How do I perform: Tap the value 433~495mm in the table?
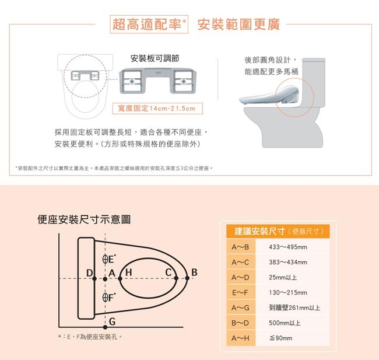pyautogui.click(x=288, y=247)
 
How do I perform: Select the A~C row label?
pyautogui.click(x=240, y=262)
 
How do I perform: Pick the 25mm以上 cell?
pyautogui.click(x=283, y=277)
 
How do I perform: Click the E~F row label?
pyautogui.click(x=240, y=293)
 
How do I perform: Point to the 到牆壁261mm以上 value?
pyautogui.click(x=294, y=307)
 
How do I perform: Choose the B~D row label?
pyautogui.click(x=240, y=323)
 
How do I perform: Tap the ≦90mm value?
pyautogui.click(x=280, y=338)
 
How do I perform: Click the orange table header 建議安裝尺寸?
pyautogui.click(x=260, y=231)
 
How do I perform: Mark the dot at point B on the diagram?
pyautogui.click(x=187, y=278)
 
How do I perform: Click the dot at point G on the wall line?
pyautogui.click(x=105, y=327)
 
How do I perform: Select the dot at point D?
pyautogui.click(x=94, y=279)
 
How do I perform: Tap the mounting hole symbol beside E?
pyautogui.click(x=105, y=259)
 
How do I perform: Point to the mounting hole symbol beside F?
pyautogui.click(x=105, y=298)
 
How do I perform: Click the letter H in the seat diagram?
pyautogui.click(x=129, y=272)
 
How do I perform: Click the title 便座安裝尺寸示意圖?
pyautogui.click(x=84, y=220)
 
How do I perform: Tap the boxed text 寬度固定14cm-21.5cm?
pyautogui.click(x=157, y=109)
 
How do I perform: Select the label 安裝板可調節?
pyautogui.click(x=155, y=58)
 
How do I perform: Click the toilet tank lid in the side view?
pyautogui.click(x=314, y=60)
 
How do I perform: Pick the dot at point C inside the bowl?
pyautogui.click(x=176, y=278)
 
